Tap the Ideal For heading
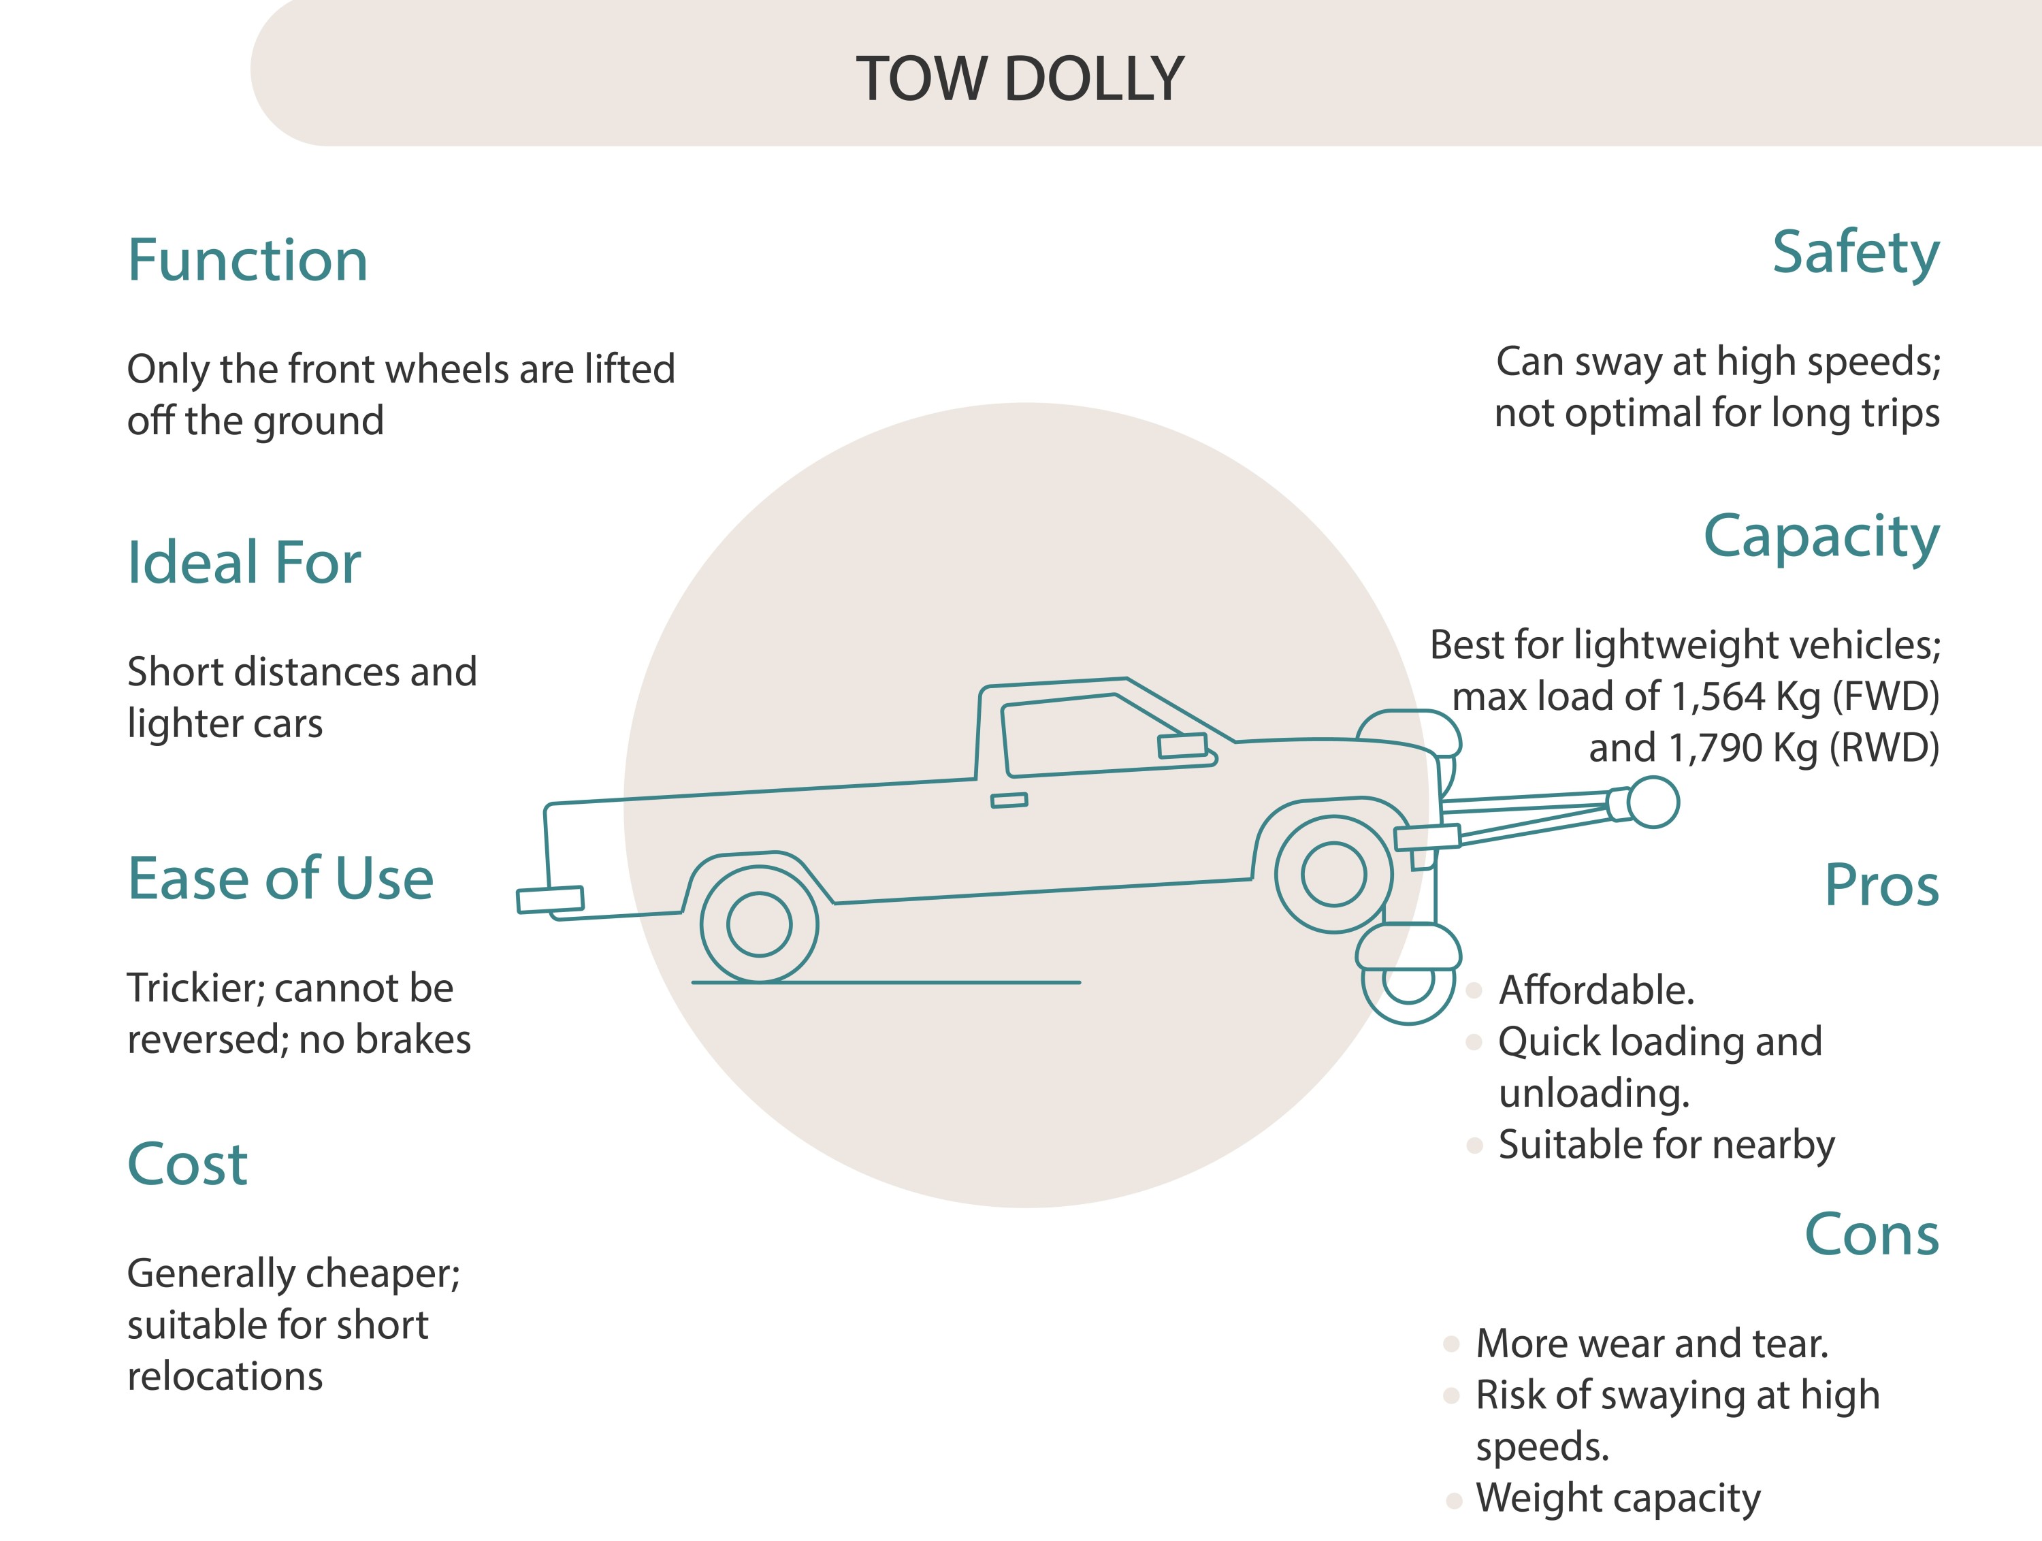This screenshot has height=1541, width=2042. (x=244, y=562)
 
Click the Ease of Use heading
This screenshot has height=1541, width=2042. (x=280, y=878)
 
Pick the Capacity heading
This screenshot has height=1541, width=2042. (x=1821, y=536)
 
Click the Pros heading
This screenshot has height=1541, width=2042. (x=1881, y=886)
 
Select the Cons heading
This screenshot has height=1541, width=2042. (x=1871, y=1235)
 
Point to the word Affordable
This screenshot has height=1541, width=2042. (x=1596, y=990)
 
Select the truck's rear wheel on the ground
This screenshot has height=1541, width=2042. (x=759, y=924)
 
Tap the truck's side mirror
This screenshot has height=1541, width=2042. (x=1182, y=746)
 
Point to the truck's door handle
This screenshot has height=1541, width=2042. (x=1009, y=800)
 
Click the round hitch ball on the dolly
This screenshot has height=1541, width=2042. (x=1653, y=801)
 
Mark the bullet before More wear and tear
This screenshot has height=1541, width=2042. (x=1451, y=1344)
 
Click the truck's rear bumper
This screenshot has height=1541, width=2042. (x=550, y=899)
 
